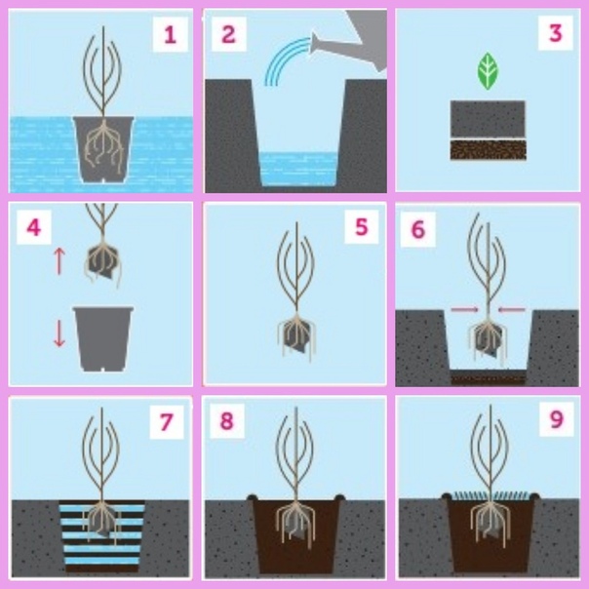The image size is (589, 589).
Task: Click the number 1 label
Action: pyautogui.click(x=170, y=35)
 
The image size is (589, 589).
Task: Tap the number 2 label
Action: pyautogui.click(x=228, y=34)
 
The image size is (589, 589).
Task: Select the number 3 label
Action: pyautogui.click(x=556, y=33)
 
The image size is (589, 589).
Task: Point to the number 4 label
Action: pyautogui.click(x=34, y=227)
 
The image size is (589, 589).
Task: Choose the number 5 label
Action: pyautogui.click(x=361, y=227)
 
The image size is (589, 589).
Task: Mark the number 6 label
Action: pyautogui.click(x=417, y=229)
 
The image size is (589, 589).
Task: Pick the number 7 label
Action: pyautogui.click(x=167, y=422)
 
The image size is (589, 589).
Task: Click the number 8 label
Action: pyautogui.click(x=226, y=420)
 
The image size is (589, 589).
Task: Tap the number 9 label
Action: pyautogui.click(x=556, y=419)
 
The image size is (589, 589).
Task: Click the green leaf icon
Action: pyautogui.click(x=488, y=71)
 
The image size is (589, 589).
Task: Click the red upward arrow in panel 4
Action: pyautogui.click(x=59, y=260)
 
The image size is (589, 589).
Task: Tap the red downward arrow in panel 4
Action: pyautogui.click(x=59, y=333)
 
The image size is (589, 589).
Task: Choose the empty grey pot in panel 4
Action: pyautogui.click(x=103, y=338)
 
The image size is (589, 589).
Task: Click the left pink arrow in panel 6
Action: pyautogui.click(x=464, y=309)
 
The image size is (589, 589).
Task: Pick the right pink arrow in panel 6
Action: pyautogui.click(x=511, y=309)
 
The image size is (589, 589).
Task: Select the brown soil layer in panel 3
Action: pyautogui.click(x=488, y=149)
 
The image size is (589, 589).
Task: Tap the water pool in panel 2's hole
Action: pyautogui.click(x=298, y=169)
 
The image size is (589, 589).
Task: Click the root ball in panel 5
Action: pyautogui.click(x=296, y=335)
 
